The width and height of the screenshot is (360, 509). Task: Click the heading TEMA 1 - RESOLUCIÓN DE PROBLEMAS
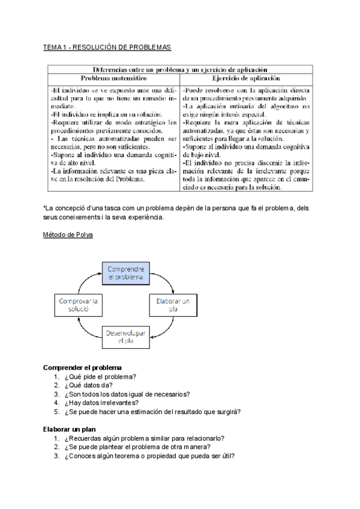[107, 47]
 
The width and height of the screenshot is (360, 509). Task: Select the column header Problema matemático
[114, 78]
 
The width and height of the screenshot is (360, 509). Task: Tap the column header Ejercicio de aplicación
[246, 78]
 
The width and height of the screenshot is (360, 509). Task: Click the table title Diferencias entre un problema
[180, 69]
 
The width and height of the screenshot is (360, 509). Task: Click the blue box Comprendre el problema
[126, 273]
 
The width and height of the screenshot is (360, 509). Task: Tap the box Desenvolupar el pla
[126, 337]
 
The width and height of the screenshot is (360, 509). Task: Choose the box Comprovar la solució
[79, 304]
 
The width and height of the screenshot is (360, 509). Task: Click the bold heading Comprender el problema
[83, 367]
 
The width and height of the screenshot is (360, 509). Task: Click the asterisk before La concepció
[45, 207]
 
